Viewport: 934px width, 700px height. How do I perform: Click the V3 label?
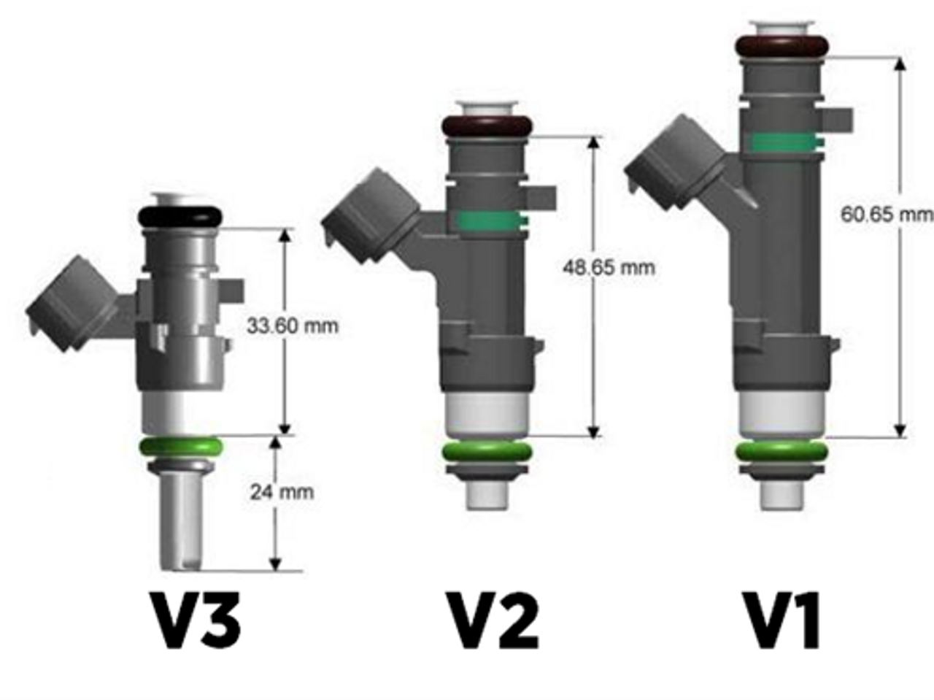[x=195, y=620]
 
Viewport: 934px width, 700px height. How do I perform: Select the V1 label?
[x=781, y=620]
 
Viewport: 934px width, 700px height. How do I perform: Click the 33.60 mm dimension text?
[x=292, y=326]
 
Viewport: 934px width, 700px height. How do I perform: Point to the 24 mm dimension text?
[x=282, y=492]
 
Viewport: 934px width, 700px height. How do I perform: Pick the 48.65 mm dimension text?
[x=609, y=267]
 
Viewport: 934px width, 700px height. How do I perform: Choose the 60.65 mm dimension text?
[x=886, y=215]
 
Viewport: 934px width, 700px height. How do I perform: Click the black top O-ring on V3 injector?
[x=180, y=216]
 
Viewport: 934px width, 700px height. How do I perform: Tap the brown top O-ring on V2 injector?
[x=486, y=126]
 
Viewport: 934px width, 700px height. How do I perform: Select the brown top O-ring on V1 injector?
[x=781, y=46]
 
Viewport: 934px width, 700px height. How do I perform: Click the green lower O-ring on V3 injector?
[x=180, y=446]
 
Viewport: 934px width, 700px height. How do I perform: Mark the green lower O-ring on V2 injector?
[x=486, y=453]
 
